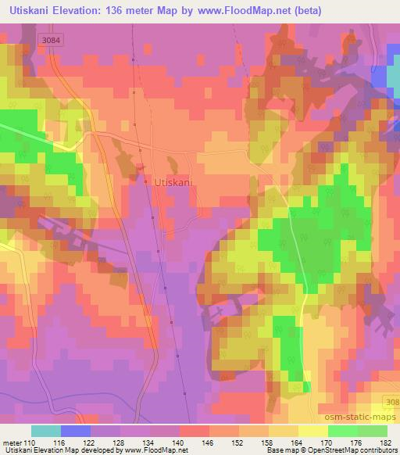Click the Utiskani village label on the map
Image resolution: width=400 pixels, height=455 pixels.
click(175, 182)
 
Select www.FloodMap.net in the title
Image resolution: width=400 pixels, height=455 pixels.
click(245, 11)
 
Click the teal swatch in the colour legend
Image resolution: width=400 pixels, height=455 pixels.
click(46, 431)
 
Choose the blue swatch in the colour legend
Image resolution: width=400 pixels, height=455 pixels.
click(76, 431)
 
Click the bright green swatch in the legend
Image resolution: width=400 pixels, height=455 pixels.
click(342, 431)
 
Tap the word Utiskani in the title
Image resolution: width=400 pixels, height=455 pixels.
click(30, 11)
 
